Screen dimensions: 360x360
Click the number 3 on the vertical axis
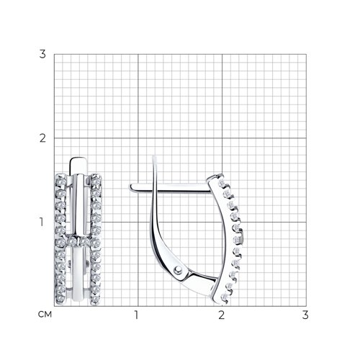(42, 54)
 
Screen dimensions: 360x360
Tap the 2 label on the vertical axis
(42, 138)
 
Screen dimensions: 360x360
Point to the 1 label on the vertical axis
(42, 222)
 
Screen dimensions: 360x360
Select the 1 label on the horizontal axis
(136, 315)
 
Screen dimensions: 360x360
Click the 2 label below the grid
(221, 315)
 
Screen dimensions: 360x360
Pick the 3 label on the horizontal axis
(305, 315)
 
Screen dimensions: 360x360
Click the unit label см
(45, 315)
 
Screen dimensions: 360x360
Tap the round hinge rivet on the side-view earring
(178, 270)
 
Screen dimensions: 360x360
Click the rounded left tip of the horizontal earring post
(131, 187)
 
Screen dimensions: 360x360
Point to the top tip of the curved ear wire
(154, 157)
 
